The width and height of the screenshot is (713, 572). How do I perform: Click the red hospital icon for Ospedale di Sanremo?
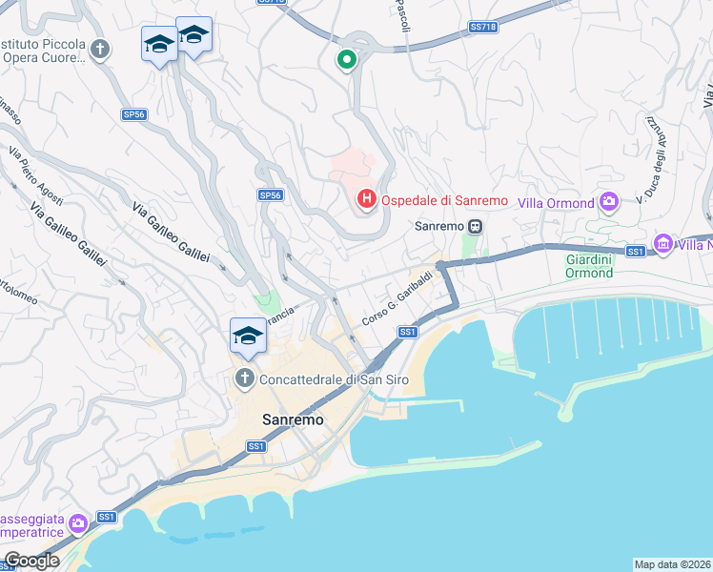click(x=365, y=200)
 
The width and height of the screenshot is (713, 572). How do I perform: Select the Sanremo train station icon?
click(x=474, y=227)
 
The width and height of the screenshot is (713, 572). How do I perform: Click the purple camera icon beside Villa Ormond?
click(x=609, y=202)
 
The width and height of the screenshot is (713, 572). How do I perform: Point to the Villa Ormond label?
click(x=557, y=203)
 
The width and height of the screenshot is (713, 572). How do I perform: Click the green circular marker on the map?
click(x=347, y=61)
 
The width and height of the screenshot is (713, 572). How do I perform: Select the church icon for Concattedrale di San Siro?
click(x=244, y=379)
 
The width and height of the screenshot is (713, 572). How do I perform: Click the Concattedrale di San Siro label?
click(x=322, y=379)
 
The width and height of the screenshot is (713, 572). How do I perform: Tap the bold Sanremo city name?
click(x=294, y=419)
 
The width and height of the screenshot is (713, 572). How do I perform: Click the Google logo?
click(x=31, y=561)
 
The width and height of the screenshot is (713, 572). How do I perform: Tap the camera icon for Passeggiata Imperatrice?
click(x=78, y=522)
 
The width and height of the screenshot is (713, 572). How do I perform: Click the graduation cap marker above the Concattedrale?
click(x=248, y=337)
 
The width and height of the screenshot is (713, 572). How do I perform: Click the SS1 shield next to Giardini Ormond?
click(x=636, y=252)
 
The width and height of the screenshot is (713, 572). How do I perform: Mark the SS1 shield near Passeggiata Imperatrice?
click(x=106, y=518)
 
